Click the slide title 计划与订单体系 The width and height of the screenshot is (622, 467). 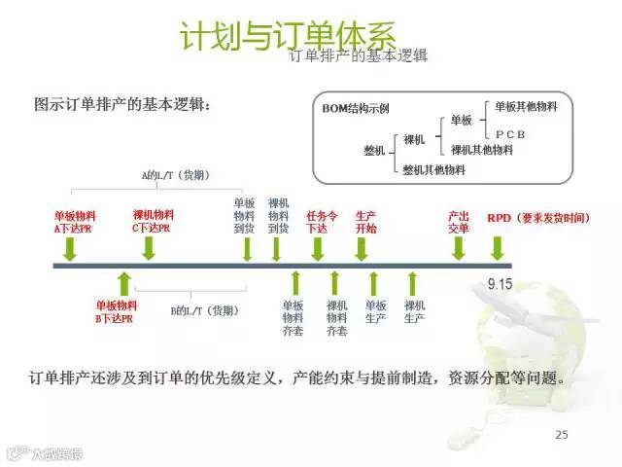pyautogui.click(x=288, y=35)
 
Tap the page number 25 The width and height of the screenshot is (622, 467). pyautogui.click(x=561, y=433)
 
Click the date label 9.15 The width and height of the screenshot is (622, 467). pyautogui.click(x=500, y=286)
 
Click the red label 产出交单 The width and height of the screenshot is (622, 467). pyautogui.click(x=458, y=222)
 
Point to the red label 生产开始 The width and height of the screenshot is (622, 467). pyautogui.click(x=365, y=222)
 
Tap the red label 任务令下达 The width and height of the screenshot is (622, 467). pyautogui.click(x=320, y=222)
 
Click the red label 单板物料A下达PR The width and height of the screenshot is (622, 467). pyautogui.click(x=75, y=222)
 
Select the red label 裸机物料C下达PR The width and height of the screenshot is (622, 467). pyautogui.click(x=154, y=222)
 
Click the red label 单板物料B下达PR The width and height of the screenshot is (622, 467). pyautogui.click(x=116, y=312)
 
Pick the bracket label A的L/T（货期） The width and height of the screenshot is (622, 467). pyautogui.click(x=176, y=176)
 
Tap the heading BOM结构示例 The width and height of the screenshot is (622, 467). pyautogui.click(x=356, y=109)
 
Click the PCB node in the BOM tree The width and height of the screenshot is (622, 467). pyautogui.click(x=510, y=133)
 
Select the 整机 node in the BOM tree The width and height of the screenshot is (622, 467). pyautogui.click(x=374, y=151)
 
